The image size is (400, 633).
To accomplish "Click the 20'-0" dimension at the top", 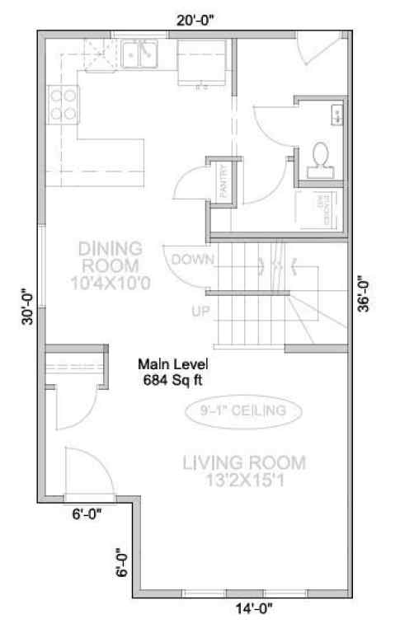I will pyautogui.click(x=196, y=22).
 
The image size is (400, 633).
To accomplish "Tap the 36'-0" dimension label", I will pyautogui.click(x=364, y=293).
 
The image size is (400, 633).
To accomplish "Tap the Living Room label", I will pyautogui.click(x=243, y=471).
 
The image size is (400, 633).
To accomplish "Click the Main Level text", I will pyautogui.click(x=173, y=364).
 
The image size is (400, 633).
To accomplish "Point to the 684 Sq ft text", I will pyautogui.click(x=173, y=379).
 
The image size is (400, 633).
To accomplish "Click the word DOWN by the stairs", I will pyautogui.click(x=193, y=259).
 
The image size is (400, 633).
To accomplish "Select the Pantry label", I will pyautogui.click(x=224, y=181).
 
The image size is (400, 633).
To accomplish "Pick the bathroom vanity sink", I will pyautogui.click(x=337, y=115).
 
